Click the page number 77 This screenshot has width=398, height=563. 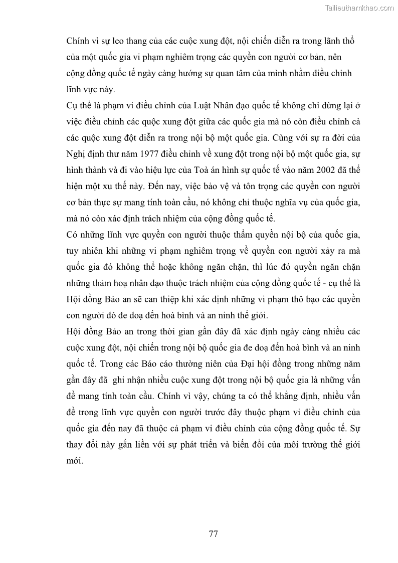click(x=213, y=533)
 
